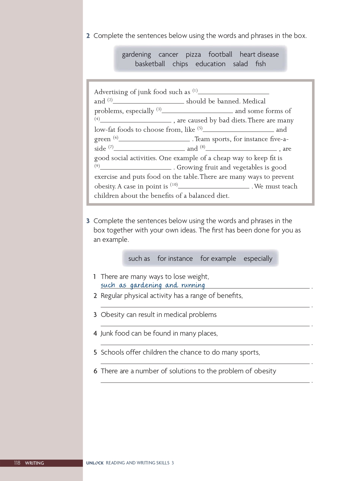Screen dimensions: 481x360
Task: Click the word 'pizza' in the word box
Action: (x=193, y=55)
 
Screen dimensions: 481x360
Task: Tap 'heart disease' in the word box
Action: (x=259, y=55)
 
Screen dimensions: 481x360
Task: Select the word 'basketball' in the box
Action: (x=150, y=64)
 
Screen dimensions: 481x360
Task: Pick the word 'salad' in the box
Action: (x=240, y=64)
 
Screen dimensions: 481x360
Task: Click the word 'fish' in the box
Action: (x=260, y=64)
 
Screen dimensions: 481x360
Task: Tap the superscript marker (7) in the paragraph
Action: (x=111, y=147)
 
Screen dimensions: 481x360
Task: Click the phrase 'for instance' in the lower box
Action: (x=175, y=259)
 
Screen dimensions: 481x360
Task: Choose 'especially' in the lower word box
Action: (x=258, y=259)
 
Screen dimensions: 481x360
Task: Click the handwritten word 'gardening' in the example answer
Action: (x=146, y=285)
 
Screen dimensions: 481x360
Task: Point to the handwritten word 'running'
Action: (x=193, y=285)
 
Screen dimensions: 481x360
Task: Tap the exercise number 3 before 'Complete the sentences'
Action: (x=88, y=221)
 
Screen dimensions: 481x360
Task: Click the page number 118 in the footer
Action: (x=17, y=463)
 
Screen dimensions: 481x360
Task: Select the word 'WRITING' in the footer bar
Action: (x=34, y=463)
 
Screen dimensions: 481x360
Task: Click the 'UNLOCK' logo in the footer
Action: (x=95, y=463)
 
